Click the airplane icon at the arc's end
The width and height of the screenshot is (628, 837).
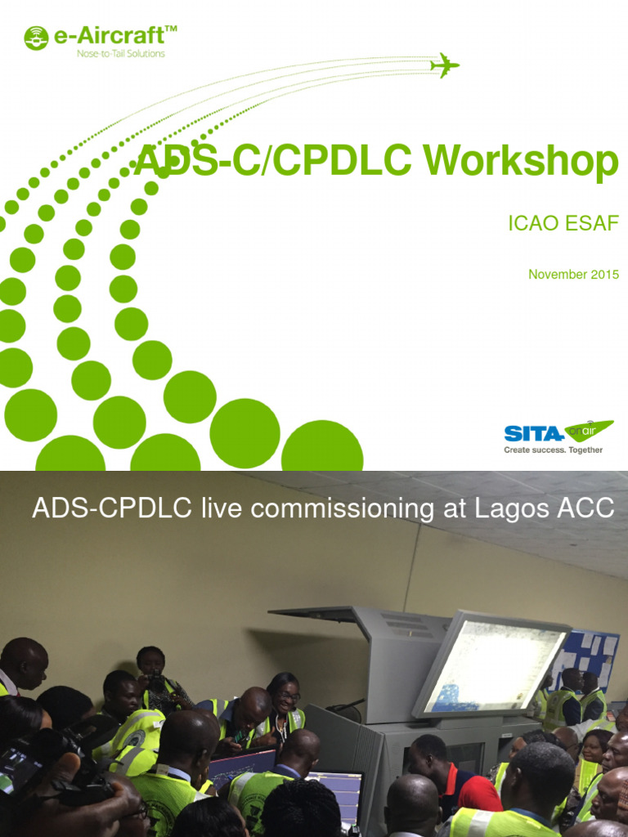coord(444,65)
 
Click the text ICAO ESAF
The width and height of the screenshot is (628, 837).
coord(563,223)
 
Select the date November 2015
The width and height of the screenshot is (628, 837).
coord(573,275)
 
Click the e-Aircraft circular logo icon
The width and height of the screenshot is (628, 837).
coord(36,38)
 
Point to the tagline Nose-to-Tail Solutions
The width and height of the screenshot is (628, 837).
coord(120,54)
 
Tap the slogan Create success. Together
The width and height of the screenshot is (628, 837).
coord(553,450)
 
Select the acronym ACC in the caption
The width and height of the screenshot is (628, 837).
coord(587,508)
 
